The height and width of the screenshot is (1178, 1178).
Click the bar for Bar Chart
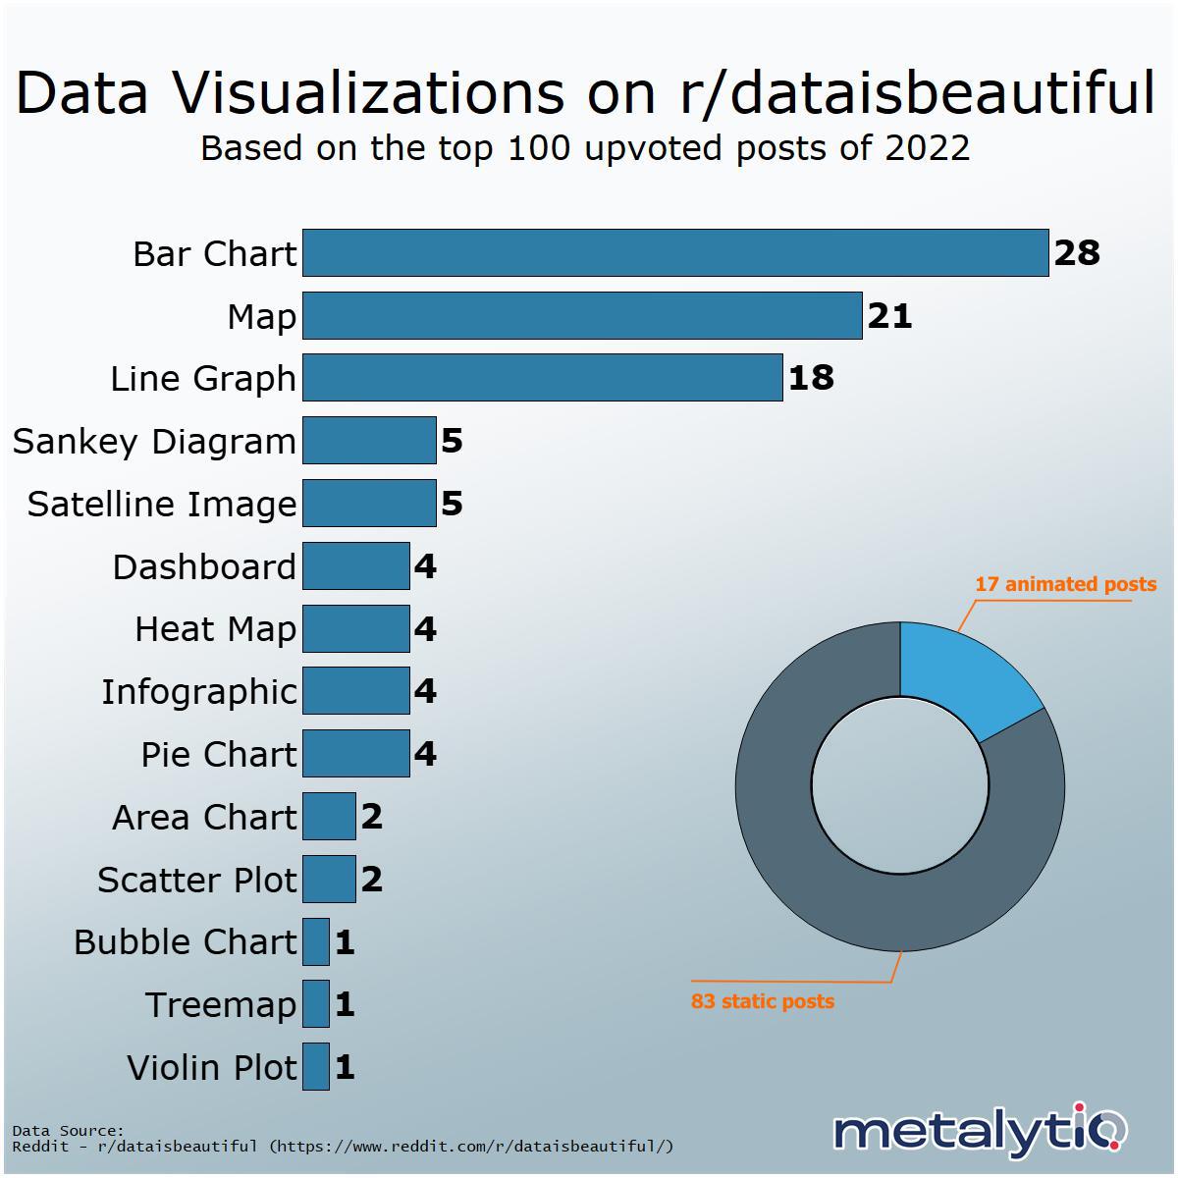point(675,253)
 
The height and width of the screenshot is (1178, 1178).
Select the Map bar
point(582,316)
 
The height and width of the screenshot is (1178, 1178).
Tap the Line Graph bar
point(542,378)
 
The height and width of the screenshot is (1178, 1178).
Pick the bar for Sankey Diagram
point(369,441)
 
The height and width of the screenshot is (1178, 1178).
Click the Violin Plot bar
point(316,1066)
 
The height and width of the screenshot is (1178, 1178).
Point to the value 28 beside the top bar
point(1077,253)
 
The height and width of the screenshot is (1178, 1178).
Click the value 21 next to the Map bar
point(889,316)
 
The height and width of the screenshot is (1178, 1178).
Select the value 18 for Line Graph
point(811,378)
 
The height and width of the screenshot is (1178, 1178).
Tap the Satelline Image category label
point(161,504)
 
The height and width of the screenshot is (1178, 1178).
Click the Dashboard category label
point(204,566)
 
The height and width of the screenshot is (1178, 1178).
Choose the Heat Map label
point(215,629)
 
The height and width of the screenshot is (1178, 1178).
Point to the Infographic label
point(198,692)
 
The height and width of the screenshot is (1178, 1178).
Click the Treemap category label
point(221,1004)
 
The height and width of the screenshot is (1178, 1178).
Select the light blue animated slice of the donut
point(962,677)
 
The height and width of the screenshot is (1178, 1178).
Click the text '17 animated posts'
point(1065,584)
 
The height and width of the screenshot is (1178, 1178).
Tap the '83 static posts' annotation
point(763,1001)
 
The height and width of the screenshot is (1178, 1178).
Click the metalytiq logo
point(980,1131)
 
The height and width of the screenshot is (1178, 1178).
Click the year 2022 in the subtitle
point(927,147)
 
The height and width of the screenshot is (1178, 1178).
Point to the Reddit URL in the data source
point(471,1146)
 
